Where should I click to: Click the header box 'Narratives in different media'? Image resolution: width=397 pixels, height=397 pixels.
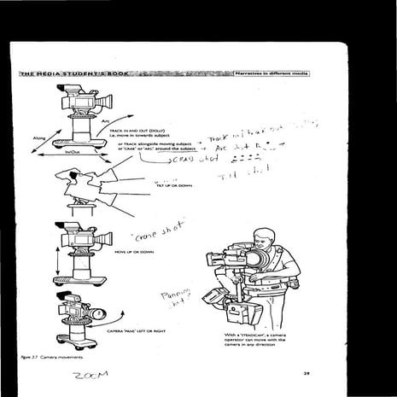coord(271,74)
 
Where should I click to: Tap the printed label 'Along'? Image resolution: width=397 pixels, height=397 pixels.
coord(38,137)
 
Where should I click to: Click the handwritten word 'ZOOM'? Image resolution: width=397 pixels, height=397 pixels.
coord(90,377)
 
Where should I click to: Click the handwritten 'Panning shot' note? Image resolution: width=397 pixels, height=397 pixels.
coord(175,299)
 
